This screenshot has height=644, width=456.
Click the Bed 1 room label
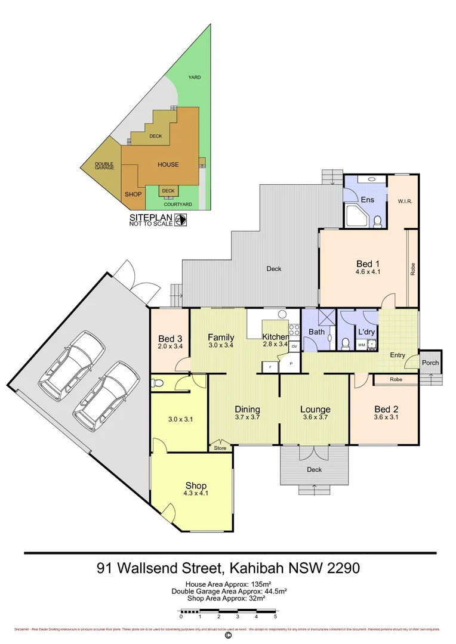click(368, 264)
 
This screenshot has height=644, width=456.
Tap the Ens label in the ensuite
click(367, 199)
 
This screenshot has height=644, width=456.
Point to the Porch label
click(430, 363)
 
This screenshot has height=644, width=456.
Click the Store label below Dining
click(220, 448)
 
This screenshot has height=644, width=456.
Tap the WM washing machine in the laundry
click(362, 345)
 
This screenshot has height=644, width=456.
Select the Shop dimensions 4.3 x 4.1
click(195, 494)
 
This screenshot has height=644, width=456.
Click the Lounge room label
click(315, 409)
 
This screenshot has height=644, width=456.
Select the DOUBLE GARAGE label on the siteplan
click(104, 166)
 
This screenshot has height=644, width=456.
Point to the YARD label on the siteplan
click(194, 78)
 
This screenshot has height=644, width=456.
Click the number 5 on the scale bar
click(275, 618)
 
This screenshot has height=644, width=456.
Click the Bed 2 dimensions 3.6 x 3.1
click(386, 417)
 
